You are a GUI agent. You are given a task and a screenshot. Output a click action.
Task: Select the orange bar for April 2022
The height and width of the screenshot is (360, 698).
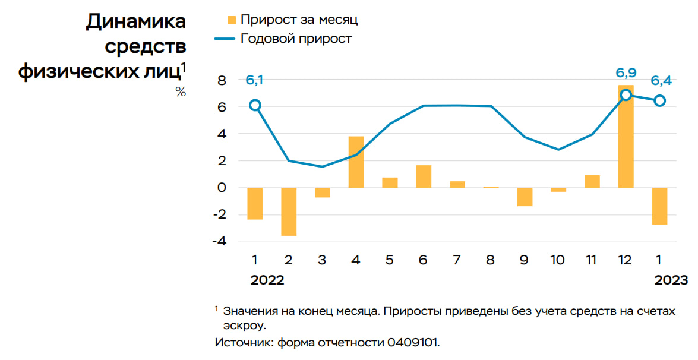coord(356,162)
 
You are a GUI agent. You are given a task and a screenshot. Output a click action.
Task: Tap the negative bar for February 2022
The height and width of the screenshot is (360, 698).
coord(289,211)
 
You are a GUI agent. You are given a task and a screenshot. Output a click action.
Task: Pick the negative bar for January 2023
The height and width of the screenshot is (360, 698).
coord(659,206)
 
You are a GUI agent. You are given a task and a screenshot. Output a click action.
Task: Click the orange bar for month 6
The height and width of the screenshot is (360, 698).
coord(424,176)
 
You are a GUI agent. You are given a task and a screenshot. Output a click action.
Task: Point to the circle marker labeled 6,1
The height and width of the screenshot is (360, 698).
coord(255,105)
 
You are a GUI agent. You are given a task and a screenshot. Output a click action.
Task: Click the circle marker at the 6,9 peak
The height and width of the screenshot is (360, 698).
coord(626,95)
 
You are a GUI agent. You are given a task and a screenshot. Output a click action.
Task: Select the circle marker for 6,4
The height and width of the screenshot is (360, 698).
coord(659,101)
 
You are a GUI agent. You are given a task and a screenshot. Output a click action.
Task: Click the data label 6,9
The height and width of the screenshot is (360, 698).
coord(626,74)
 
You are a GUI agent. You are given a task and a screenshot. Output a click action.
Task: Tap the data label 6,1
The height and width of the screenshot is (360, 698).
coord(255,80)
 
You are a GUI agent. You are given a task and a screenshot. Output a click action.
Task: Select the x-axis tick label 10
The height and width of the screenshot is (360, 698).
coord(558,260)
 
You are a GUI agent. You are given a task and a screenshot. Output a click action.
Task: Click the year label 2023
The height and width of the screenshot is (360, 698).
coord(671,280)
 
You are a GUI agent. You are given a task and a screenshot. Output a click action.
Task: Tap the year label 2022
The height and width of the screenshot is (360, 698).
coord(267,280)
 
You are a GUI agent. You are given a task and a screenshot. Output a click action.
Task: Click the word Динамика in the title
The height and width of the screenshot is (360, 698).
coord(136,21)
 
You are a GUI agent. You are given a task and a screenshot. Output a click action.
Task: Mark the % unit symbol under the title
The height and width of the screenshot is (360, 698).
coord(181,92)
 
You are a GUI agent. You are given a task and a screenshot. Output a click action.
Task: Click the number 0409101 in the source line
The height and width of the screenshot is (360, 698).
coord(413,343)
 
